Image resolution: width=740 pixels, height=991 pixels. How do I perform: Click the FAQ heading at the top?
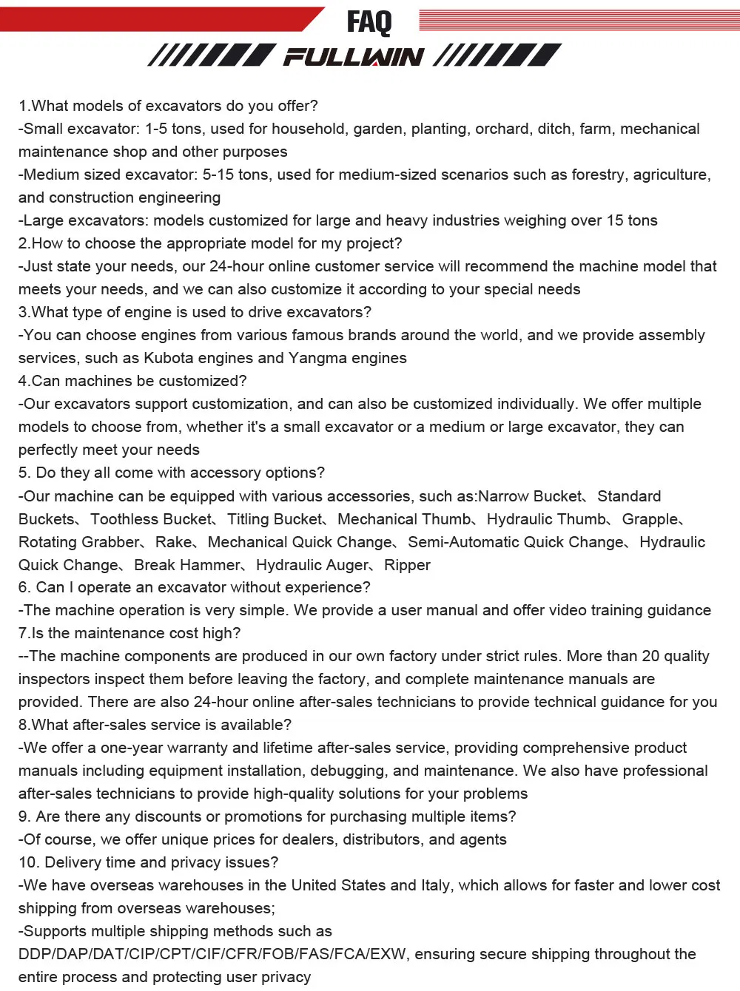[x=369, y=21]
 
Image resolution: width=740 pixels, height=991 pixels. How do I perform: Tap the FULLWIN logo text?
[x=354, y=57]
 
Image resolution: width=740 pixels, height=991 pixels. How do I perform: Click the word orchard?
[x=502, y=129]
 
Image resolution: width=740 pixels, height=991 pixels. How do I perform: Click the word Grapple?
[x=650, y=519]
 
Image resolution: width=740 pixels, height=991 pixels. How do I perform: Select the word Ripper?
[x=408, y=565]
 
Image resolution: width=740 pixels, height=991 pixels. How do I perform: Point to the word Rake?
[x=173, y=542]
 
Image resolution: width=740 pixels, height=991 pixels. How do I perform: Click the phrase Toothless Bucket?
[x=152, y=519]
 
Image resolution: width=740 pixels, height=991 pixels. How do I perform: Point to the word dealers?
[x=265, y=839]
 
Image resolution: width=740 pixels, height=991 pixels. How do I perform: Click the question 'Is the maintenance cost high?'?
[x=129, y=633]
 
